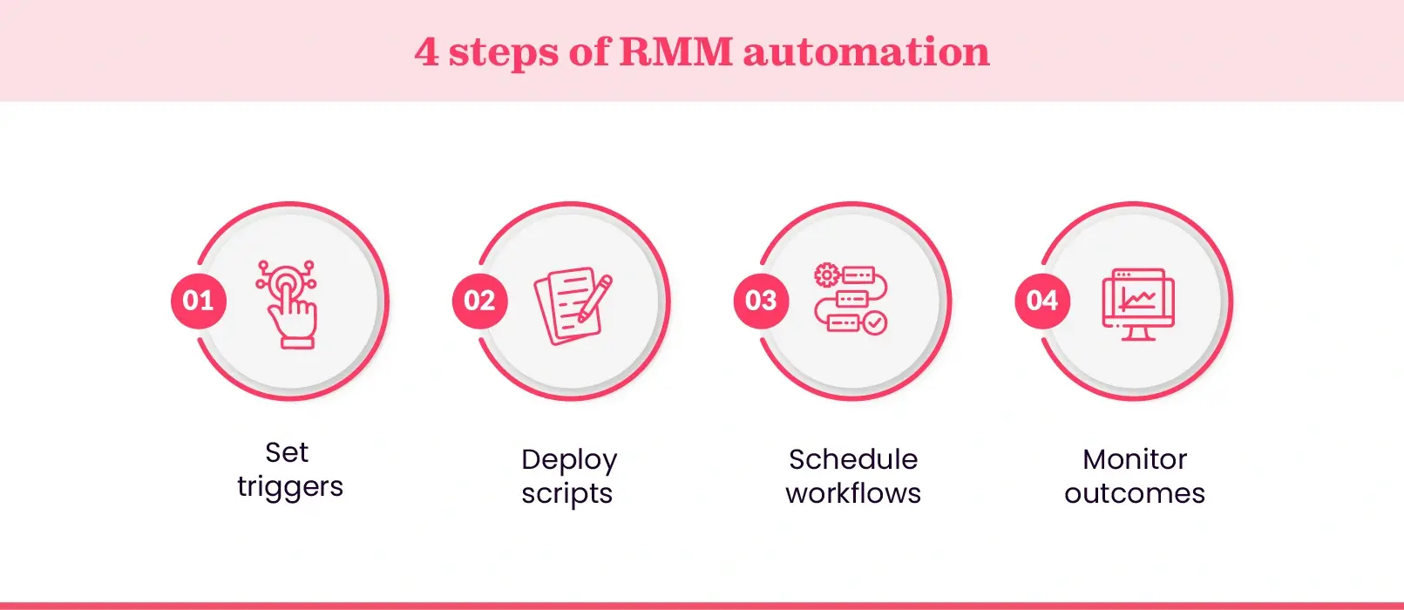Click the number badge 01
click(199, 301)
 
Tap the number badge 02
click(479, 301)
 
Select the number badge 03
click(761, 301)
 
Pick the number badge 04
click(1042, 301)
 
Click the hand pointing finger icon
click(288, 305)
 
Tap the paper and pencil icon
click(572, 306)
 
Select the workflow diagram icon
click(851, 300)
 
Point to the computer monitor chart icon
click(1138, 304)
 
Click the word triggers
click(290, 487)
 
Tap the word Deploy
click(569, 460)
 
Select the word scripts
click(567, 494)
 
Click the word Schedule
click(853, 459)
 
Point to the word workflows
click(853, 493)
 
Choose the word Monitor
click(1135, 459)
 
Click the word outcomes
click(1135, 494)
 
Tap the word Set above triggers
click(287, 452)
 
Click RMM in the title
click(676, 51)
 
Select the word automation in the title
click(866, 51)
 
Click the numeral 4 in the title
click(426, 51)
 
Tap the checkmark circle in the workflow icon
click(875, 323)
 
